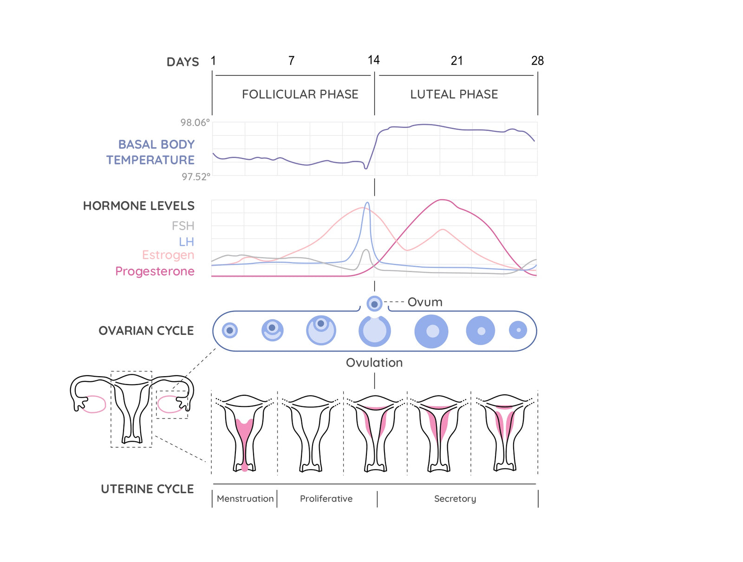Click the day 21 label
click(456, 61)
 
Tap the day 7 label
click(291, 61)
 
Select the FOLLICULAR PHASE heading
click(300, 94)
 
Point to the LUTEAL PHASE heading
click(454, 94)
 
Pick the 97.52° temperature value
click(196, 177)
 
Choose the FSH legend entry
click(183, 226)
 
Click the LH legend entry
click(186, 242)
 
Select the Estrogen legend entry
click(168, 255)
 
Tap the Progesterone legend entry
click(155, 271)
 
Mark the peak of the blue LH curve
click(367, 203)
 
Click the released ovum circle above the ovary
click(374, 304)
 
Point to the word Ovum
click(425, 302)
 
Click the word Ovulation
click(374, 363)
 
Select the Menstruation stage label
click(245, 499)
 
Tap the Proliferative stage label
click(326, 499)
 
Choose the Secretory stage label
click(455, 499)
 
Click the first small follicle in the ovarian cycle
click(230, 331)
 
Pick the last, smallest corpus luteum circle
click(518, 330)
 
